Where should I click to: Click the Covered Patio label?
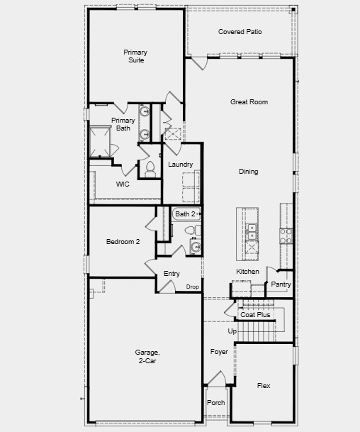(x=239, y=32)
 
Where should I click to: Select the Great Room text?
(x=249, y=102)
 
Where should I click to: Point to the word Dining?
(x=248, y=172)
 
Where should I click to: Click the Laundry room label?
(x=181, y=165)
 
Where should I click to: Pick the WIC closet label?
(x=123, y=184)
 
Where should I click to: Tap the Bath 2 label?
(x=186, y=214)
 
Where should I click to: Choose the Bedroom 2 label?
(x=123, y=242)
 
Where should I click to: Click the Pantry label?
(x=281, y=284)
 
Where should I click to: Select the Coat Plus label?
(x=254, y=314)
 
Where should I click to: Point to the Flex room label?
(x=263, y=386)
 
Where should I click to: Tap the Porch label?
(x=215, y=403)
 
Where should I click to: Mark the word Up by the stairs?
(x=232, y=331)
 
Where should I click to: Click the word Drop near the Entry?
(x=192, y=287)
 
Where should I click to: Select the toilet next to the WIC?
(x=150, y=168)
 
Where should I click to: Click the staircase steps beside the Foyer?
(x=256, y=331)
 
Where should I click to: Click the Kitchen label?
(x=247, y=272)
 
